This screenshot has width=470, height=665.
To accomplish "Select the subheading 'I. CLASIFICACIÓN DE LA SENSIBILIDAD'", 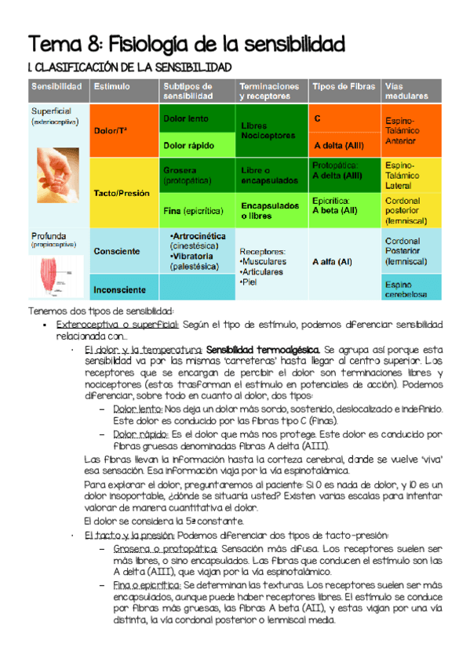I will pos(129,68).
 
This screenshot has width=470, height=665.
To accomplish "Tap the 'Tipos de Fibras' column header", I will pos(344,86).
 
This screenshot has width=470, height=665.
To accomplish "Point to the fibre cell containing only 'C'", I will pos(344,118).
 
